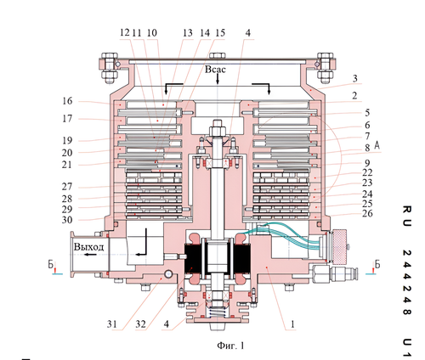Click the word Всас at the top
point(215,70)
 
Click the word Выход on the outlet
point(88,246)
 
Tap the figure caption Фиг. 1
point(230,346)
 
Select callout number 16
point(67,101)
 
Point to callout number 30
point(67,220)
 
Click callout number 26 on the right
point(367,213)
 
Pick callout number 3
point(355,78)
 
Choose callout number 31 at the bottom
point(112,324)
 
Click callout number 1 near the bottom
point(293,324)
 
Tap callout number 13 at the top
point(188,33)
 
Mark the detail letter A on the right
point(377,145)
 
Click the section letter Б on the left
point(51,264)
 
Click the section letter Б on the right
point(377,264)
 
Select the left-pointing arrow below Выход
point(91,255)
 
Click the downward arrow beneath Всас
point(218,79)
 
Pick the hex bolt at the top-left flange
point(110,68)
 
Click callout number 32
point(140,324)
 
